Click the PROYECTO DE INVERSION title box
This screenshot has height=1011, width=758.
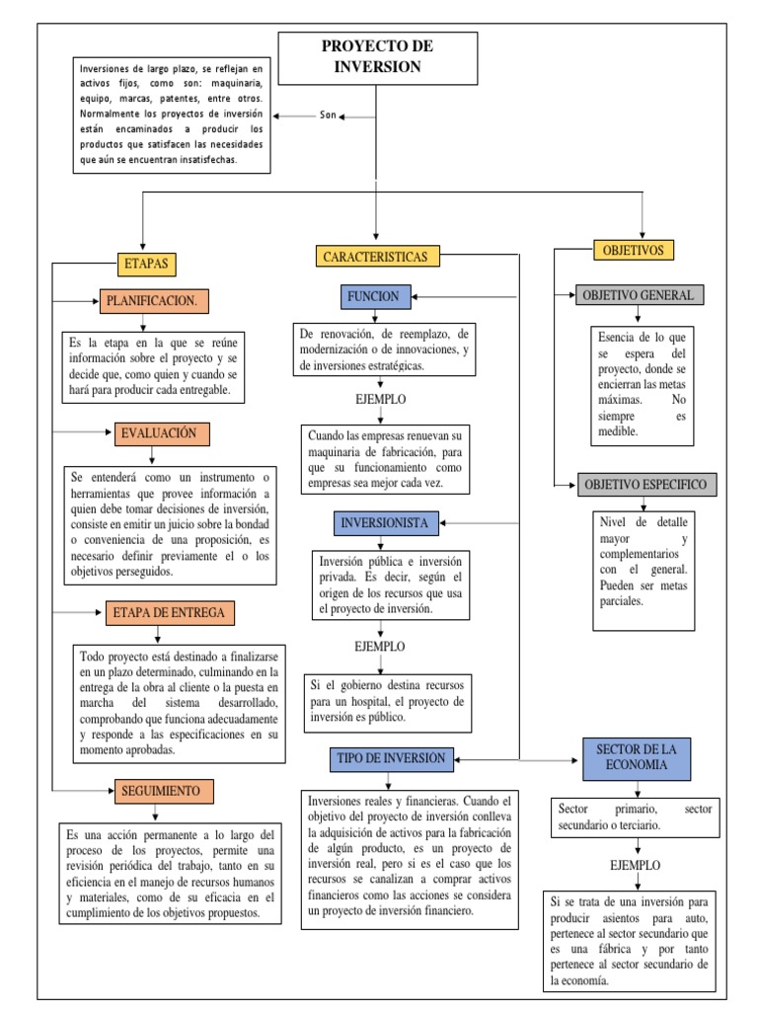378,57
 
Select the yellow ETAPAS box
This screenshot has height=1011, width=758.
147,264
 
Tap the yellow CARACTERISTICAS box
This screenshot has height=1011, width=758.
374,257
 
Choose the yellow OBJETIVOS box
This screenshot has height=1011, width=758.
634,250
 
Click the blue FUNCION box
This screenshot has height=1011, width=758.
373,296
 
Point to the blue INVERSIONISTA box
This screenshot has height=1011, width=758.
384,522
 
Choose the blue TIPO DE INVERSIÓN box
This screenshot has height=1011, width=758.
392,758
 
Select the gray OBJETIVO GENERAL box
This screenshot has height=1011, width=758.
638,295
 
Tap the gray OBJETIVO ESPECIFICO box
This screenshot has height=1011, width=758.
645,485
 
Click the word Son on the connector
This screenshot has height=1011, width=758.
329,116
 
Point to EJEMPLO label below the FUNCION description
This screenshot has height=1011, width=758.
380,399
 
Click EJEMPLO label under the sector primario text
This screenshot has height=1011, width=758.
636,865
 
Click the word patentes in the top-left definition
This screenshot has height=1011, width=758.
198,99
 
